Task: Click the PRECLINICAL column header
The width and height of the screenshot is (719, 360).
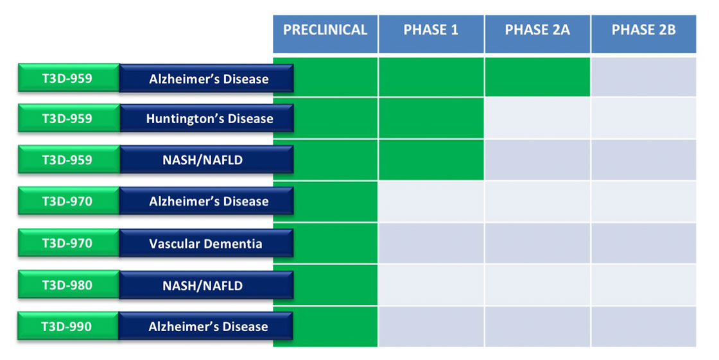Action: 325,34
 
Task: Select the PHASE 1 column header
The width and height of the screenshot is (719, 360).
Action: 431,34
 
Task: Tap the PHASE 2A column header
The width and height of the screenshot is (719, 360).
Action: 537,34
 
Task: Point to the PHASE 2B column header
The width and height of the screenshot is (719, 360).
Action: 644,34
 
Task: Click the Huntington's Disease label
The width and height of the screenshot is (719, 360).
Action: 206,118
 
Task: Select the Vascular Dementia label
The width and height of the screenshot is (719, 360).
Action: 206,243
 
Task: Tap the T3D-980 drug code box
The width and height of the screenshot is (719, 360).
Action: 68,285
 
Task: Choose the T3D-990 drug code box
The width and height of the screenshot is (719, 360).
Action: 68,326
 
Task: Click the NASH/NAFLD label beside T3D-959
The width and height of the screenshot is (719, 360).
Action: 206,160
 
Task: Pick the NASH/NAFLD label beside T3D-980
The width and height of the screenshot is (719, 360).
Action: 206,286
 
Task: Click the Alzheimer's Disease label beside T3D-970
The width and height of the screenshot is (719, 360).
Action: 206,201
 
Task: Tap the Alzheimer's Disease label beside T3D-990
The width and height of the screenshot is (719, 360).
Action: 206,327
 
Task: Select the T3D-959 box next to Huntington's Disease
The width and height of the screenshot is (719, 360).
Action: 69,118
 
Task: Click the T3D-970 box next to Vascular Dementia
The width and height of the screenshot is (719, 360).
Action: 68,243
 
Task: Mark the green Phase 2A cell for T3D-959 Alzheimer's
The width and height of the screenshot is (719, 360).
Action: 537,77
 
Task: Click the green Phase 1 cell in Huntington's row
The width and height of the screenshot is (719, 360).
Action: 431,118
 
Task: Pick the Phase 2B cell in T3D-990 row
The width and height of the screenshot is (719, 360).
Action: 644,327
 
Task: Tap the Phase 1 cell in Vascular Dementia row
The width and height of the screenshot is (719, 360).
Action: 431,243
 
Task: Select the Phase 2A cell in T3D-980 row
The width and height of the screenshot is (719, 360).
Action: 537,285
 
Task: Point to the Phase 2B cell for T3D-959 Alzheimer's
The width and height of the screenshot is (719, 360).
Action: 644,77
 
